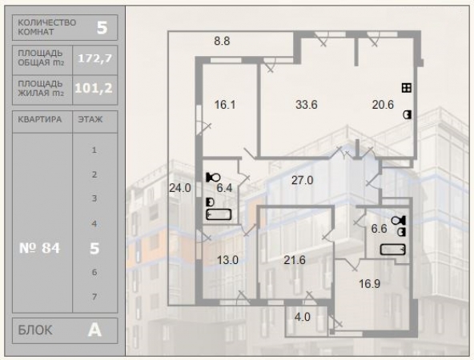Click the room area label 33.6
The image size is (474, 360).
pos(306,105)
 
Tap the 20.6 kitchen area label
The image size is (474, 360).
pos(383,105)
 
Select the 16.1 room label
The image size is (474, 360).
pos(225,105)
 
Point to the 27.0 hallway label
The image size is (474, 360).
pos(303,180)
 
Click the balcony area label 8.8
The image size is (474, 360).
pos(222,41)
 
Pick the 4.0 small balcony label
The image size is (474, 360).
pos(303,317)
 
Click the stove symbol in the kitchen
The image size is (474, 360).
pos(407,88)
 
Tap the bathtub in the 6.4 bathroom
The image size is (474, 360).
pos(219,214)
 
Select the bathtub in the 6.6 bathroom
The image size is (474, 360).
pos(392,250)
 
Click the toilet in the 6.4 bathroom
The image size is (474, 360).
pos(214,178)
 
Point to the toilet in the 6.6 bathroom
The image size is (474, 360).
pos(399,221)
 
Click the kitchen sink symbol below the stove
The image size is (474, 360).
pos(408,114)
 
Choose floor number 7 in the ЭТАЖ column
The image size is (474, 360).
pos(94,297)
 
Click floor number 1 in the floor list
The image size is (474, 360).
pos(94,150)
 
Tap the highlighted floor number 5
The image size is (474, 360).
pos(94,248)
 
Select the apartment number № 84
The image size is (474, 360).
pos(39,248)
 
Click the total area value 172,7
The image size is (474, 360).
pos(95,58)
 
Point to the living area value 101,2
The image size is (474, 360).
pos(94,88)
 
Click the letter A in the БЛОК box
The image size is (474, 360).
pos(94,330)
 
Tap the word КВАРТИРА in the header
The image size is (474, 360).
pos(40,119)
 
